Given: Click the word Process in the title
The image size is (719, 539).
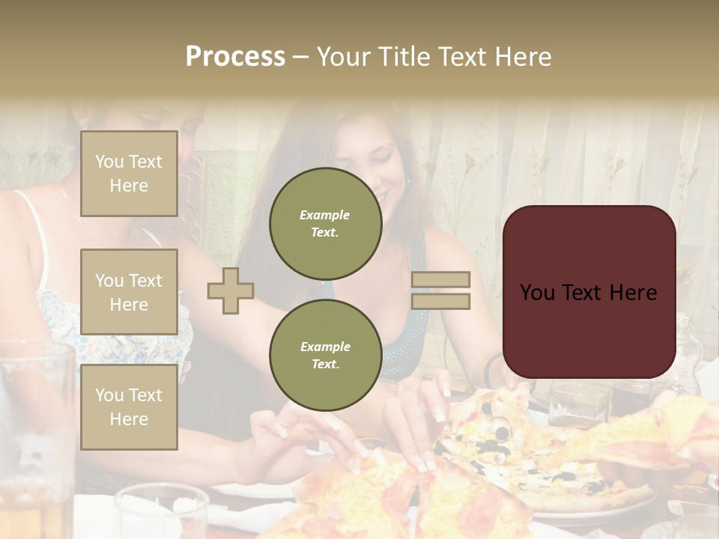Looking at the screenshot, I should [235, 57].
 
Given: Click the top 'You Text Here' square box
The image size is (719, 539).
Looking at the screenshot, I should [129, 174].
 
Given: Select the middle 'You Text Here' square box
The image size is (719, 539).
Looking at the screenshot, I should [129, 292].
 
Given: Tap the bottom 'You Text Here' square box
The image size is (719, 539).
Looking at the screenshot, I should [129, 406].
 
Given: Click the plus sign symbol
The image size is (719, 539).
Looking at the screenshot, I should [231, 290].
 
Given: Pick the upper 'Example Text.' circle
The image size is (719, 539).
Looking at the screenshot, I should [325, 224].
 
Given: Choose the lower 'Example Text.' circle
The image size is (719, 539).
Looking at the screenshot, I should [325, 356].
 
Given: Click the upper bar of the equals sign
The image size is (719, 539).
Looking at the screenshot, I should [441, 279].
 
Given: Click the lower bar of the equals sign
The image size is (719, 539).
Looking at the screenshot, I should [441, 301].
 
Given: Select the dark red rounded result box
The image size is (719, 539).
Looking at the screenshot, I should [589, 292].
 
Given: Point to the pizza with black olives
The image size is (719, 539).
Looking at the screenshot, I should [509, 449].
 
